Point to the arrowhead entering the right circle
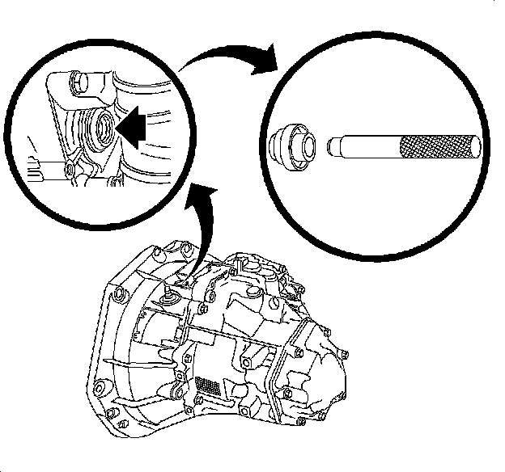[x=265, y=64]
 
